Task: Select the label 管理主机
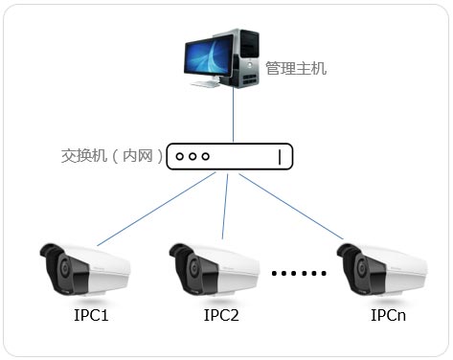tap(296, 69)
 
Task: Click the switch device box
tap(229, 156)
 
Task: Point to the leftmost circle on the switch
tap(179, 156)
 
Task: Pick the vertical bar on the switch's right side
tap(280, 156)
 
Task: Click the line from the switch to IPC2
tap(224, 206)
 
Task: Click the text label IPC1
tap(91, 315)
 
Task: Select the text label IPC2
tap(221, 315)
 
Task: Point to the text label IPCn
tap(390, 315)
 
